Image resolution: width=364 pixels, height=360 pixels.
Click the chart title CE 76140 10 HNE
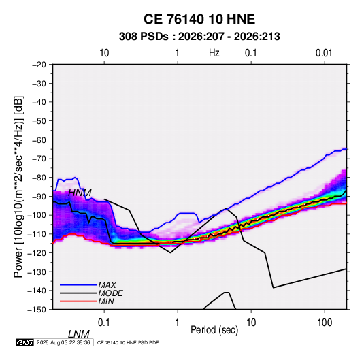click(x=199, y=19)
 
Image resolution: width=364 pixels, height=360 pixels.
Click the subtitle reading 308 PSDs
click(x=144, y=37)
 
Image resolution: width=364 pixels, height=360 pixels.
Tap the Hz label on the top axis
click(x=214, y=53)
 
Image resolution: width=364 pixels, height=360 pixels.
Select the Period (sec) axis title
click(x=214, y=330)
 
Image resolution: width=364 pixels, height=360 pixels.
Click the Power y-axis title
click(x=18, y=187)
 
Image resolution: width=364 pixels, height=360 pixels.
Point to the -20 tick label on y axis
click(x=39, y=65)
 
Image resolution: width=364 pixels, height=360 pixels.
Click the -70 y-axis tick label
click(x=39, y=159)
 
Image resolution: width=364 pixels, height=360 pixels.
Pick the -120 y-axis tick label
click(x=37, y=253)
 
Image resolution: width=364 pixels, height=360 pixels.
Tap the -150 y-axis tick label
click(x=37, y=310)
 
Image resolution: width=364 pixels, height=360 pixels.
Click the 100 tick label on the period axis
click(x=325, y=323)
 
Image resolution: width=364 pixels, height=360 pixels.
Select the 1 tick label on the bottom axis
click(x=178, y=323)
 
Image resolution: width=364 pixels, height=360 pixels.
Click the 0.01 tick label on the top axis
click(x=324, y=53)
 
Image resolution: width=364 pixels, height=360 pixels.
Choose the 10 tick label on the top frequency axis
click(x=104, y=53)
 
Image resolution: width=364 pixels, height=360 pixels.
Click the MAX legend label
click(x=107, y=285)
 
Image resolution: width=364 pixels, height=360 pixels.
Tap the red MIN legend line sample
click(x=78, y=301)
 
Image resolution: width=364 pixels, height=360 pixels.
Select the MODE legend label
click(x=110, y=293)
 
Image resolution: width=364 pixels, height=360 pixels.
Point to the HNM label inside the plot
click(x=80, y=193)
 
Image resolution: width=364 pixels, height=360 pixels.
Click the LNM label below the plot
click(x=79, y=334)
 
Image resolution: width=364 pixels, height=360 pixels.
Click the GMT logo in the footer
click(x=24, y=342)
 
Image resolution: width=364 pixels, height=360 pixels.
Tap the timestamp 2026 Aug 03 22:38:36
click(x=63, y=342)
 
